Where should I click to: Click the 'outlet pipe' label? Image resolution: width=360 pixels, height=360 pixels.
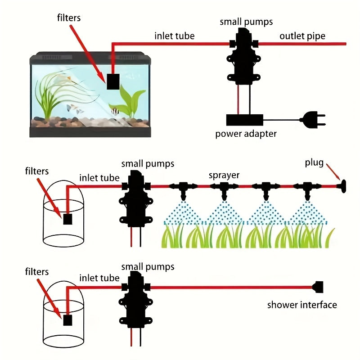coord(302,36)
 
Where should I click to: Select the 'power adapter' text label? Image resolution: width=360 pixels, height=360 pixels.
coord(246,134)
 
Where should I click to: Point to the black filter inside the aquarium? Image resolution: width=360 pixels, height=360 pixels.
coord(112,81)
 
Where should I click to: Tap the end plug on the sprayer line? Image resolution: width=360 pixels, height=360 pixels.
coord(343,186)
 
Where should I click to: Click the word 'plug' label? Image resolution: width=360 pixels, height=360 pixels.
coord(314,163)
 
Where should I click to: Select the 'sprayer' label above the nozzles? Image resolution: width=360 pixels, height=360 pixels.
coord(224,175)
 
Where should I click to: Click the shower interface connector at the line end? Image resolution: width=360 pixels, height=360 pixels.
coord(318,287)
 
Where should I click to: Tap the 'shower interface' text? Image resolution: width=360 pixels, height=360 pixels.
coord(301,305)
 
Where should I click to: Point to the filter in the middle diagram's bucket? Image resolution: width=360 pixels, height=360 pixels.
coord(67,219)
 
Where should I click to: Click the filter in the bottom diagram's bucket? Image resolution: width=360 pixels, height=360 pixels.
coord(67,320)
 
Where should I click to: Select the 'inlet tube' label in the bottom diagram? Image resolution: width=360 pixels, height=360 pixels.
coord(99,278)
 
